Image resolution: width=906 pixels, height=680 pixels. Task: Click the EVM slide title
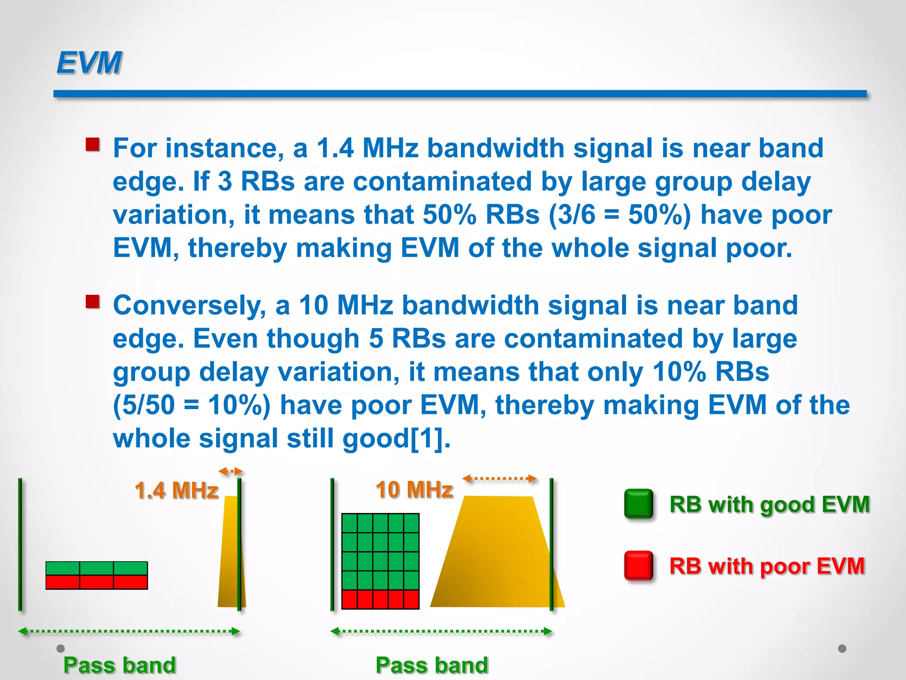click(89, 62)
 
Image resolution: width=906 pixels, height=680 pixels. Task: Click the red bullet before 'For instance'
click(92, 144)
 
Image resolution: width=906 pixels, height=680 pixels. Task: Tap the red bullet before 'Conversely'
click(92, 302)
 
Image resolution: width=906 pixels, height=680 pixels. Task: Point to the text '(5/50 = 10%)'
click(192, 405)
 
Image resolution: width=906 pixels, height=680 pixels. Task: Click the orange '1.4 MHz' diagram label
click(176, 491)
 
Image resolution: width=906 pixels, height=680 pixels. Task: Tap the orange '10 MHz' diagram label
click(414, 490)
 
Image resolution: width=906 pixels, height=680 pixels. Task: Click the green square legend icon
click(638, 504)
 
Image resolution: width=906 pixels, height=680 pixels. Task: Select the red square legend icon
click(638, 565)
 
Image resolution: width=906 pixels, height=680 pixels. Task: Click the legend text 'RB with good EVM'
click(769, 504)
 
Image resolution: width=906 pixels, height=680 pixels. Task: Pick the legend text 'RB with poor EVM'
click(767, 566)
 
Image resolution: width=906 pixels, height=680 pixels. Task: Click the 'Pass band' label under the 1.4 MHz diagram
click(119, 665)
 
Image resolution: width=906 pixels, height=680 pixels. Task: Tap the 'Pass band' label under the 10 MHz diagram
click(432, 665)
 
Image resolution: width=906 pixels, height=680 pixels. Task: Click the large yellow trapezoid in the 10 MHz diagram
click(495, 558)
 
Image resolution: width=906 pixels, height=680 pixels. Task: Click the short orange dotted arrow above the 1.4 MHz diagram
click(230, 471)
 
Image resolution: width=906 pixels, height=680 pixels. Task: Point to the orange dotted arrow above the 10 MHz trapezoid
click(499, 479)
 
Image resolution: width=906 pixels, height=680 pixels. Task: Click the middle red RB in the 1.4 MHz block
click(96, 582)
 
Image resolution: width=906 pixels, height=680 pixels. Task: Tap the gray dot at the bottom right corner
click(842, 649)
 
